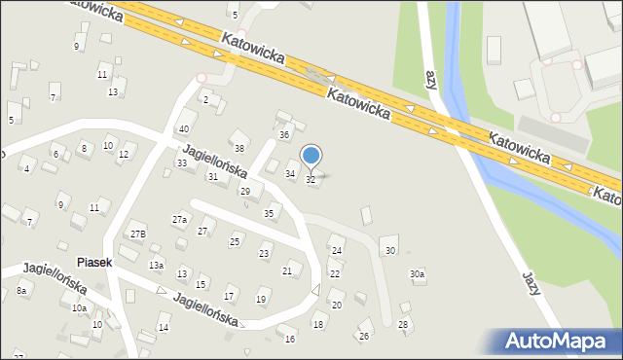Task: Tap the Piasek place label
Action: tap(95, 263)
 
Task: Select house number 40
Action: tap(183, 129)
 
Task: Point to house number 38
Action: tap(238, 148)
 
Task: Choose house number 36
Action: tap(284, 134)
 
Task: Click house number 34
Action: tap(289, 173)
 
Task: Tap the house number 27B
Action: tap(138, 234)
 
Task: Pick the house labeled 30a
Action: tap(417, 274)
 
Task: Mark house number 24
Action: tap(337, 250)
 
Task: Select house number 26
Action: tap(364, 336)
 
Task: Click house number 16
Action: tap(289, 339)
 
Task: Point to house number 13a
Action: tap(156, 266)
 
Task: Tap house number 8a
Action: tap(20, 290)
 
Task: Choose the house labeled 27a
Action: tap(180, 220)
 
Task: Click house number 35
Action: tap(269, 213)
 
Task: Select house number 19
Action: tap(261, 299)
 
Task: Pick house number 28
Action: tap(403, 323)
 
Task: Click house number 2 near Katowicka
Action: tap(205, 99)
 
